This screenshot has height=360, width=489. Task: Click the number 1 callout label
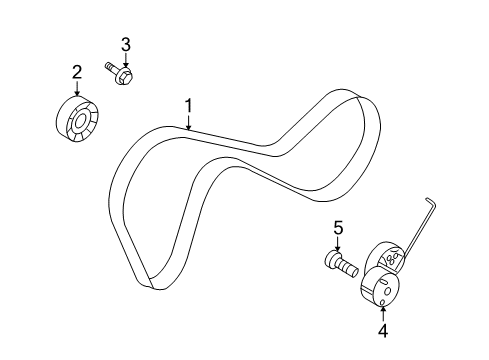pos(187,105)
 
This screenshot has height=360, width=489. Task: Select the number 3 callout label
pos(126,43)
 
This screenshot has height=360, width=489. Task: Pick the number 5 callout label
pos(338,227)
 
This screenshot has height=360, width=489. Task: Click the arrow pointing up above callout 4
pos(383,309)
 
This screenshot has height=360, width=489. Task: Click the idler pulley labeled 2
pos(76,119)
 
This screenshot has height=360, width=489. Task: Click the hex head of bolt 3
pos(127,74)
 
